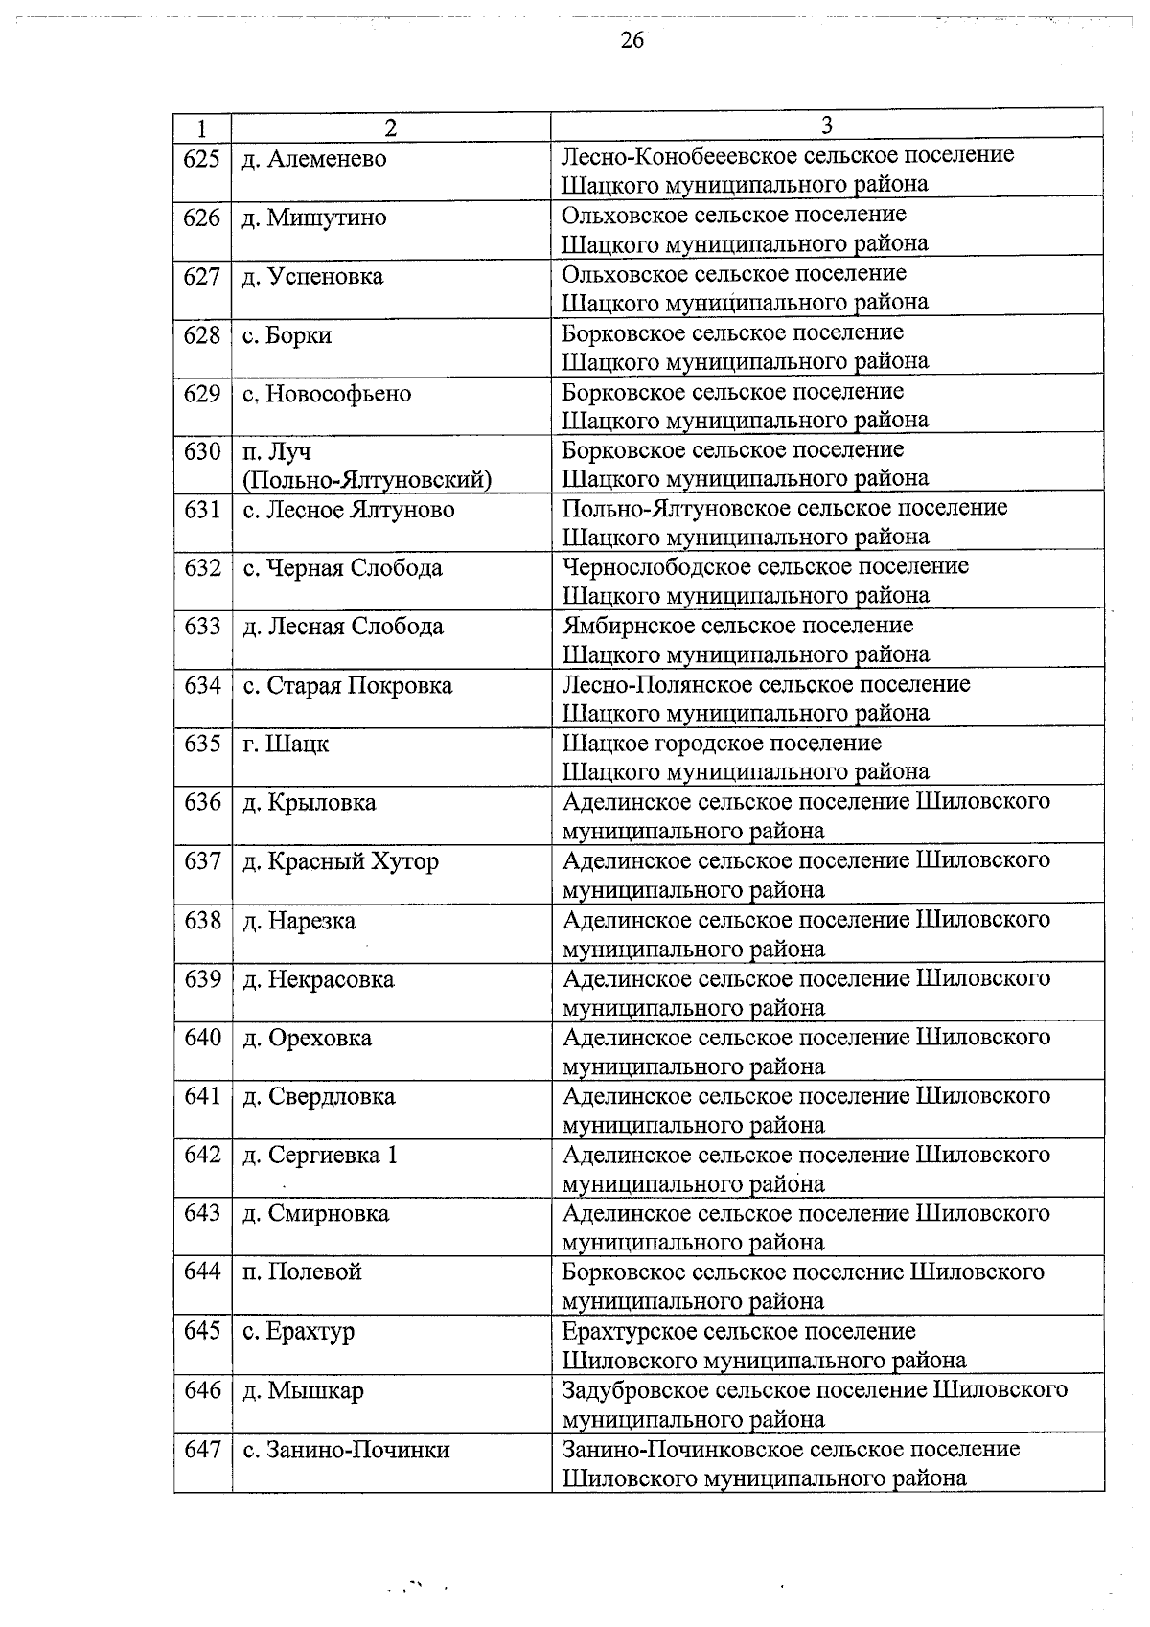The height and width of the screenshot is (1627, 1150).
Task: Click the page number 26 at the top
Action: tap(632, 40)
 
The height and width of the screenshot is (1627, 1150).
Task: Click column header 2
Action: tap(390, 127)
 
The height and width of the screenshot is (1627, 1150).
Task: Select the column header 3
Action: tap(827, 126)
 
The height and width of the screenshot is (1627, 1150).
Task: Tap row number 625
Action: tap(201, 159)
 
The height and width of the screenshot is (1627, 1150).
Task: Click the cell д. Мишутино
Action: tap(314, 218)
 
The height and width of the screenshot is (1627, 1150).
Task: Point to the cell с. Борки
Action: tap(287, 335)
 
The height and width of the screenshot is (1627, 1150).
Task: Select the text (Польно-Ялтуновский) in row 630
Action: tap(367, 479)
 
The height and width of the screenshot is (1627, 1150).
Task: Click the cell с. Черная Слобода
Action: tap(342, 568)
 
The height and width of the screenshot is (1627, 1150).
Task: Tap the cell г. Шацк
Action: tap(286, 744)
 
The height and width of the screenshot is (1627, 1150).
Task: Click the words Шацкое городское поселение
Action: tap(721, 743)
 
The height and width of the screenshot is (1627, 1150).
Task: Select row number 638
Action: tap(201, 921)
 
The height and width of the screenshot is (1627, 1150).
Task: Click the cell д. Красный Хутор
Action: tap(340, 861)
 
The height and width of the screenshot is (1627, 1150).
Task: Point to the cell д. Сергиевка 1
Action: tap(319, 1156)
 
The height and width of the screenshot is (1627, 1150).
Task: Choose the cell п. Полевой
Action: tap(302, 1272)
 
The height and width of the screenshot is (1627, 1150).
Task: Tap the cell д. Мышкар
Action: tap(303, 1390)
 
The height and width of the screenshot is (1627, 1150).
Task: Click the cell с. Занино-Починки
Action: tap(346, 1450)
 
